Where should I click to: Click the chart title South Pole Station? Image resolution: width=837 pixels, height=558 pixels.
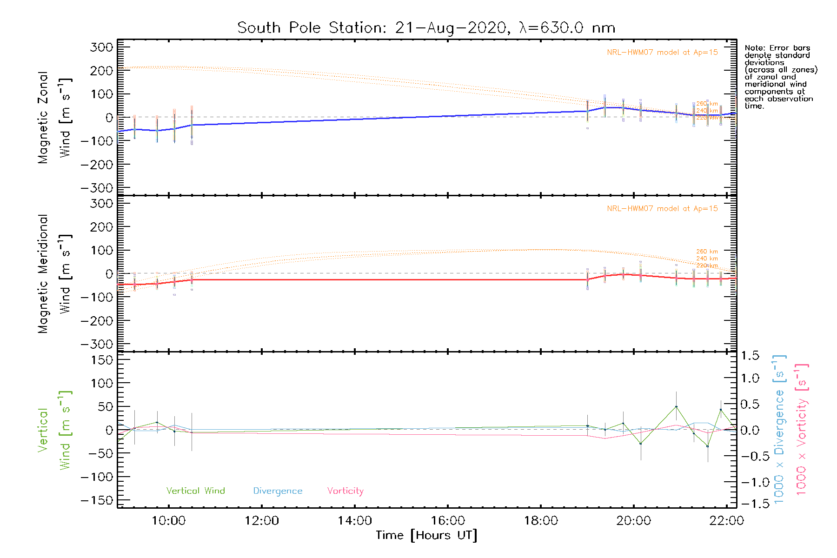point(426,28)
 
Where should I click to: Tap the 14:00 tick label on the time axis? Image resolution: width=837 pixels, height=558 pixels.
point(355,521)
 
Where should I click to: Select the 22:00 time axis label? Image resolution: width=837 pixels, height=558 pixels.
point(726,521)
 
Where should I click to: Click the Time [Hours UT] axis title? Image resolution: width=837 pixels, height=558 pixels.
point(426,535)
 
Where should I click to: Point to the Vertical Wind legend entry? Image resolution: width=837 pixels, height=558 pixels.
point(195,491)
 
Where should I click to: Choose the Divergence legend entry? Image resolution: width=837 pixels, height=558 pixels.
point(278,491)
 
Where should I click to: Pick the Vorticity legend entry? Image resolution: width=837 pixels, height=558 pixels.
point(345,491)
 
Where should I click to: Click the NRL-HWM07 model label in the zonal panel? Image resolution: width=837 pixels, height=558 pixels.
point(662,53)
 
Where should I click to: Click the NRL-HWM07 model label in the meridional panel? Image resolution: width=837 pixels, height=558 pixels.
point(662,209)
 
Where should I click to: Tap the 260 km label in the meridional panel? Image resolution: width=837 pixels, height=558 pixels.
point(707,252)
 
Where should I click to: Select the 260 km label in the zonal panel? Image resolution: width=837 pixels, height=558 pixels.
point(707,104)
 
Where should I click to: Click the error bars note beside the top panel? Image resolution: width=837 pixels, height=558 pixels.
point(780,77)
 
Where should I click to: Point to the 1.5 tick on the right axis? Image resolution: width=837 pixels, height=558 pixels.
point(750,356)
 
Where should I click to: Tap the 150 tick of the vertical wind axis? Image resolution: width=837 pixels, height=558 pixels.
point(102,360)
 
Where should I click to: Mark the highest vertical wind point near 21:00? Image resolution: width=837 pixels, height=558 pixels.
point(676,407)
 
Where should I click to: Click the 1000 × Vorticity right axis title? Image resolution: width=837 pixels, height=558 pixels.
point(802,430)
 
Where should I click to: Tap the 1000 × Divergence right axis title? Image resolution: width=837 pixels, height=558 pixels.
point(779,430)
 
